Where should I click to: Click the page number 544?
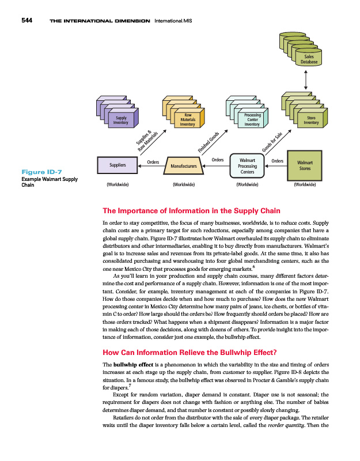[26, 21]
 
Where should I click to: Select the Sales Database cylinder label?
[309, 59]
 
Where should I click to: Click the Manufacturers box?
[184, 166]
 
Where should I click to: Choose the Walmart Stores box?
[305, 165]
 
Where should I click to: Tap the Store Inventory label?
[311, 120]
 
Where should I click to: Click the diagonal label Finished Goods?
[208, 141]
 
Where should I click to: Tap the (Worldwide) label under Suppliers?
[118, 185]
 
